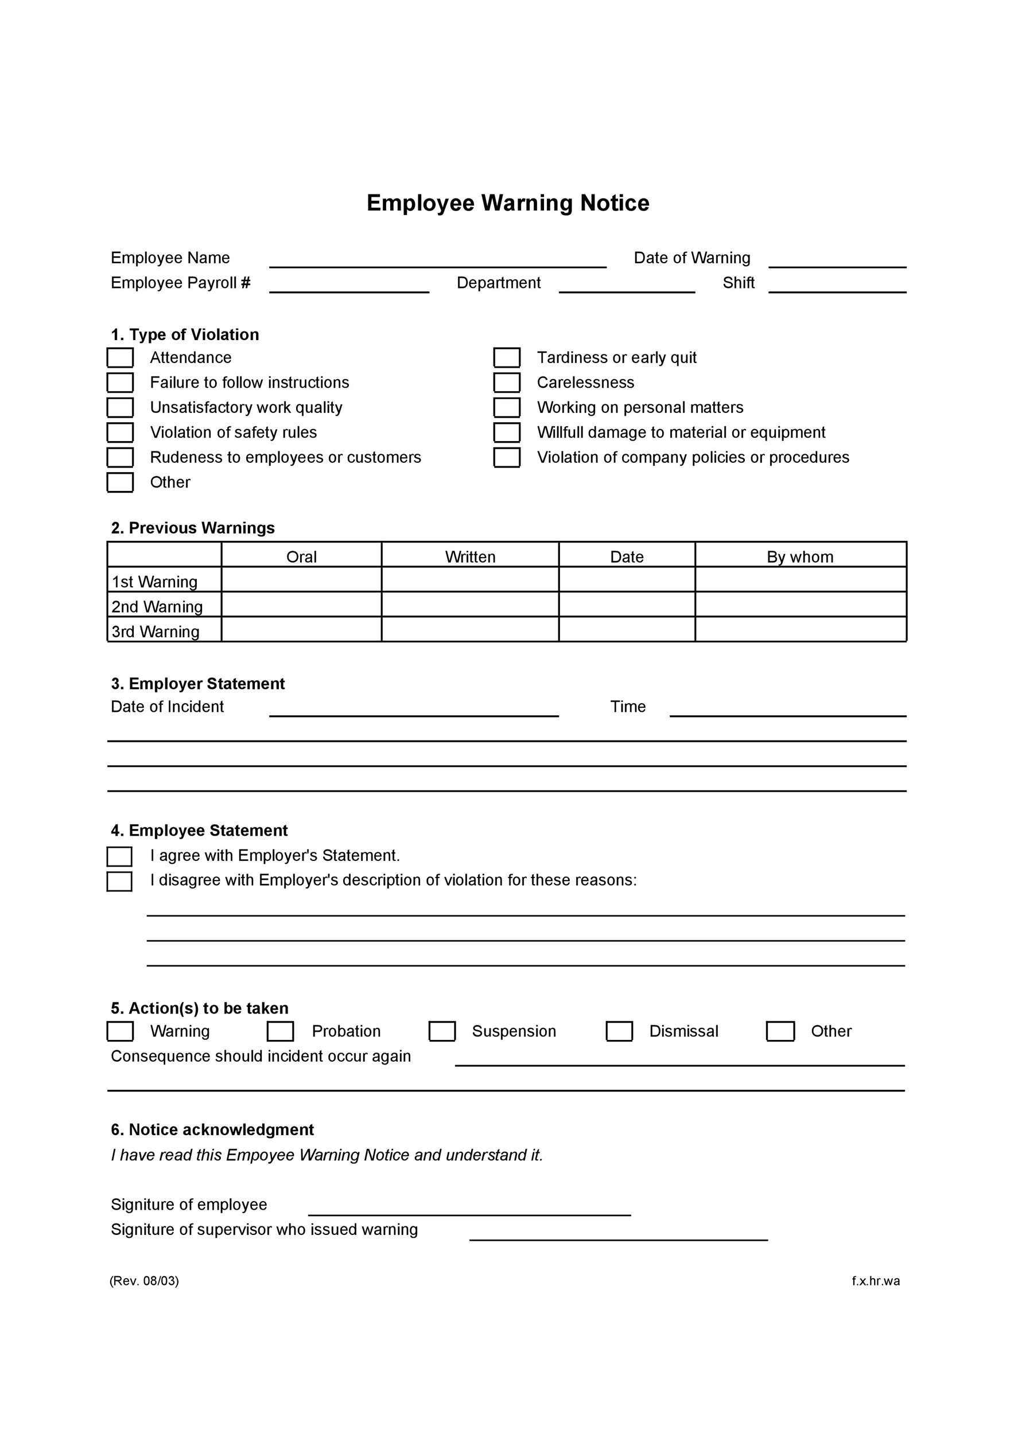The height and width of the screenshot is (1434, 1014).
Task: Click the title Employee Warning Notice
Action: (x=507, y=203)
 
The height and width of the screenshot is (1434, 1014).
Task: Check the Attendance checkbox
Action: (x=120, y=358)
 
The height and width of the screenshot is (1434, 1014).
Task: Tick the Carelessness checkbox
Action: (x=507, y=382)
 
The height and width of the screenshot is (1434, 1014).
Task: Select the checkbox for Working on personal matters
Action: (x=507, y=407)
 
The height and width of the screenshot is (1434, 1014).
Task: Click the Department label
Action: (x=498, y=283)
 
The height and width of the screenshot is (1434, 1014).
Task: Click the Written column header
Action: (x=470, y=556)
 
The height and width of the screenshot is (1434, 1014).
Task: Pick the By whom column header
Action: (x=800, y=556)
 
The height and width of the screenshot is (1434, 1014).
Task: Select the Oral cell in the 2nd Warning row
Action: (x=301, y=605)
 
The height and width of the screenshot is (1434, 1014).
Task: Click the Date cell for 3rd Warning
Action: (x=627, y=630)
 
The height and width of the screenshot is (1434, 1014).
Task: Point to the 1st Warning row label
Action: (x=154, y=582)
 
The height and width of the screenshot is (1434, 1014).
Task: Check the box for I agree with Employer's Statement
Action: (x=119, y=856)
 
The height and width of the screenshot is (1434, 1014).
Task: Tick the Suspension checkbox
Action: (x=442, y=1031)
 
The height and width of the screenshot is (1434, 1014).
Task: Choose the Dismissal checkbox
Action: (x=619, y=1031)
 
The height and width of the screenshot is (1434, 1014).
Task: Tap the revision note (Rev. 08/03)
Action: (x=144, y=1281)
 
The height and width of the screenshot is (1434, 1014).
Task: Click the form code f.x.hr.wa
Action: (x=875, y=1281)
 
